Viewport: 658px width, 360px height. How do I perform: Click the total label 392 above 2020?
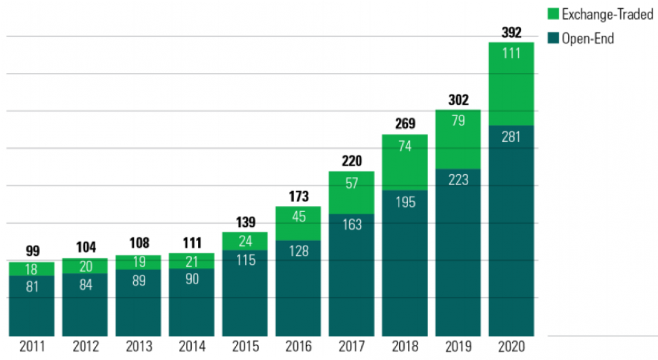click(x=512, y=33)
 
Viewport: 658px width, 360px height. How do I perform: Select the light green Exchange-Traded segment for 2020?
click(x=512, y=82)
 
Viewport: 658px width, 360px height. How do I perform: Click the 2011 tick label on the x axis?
click(x=32, y=347)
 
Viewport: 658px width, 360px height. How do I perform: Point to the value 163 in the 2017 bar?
click(x=351, y=224)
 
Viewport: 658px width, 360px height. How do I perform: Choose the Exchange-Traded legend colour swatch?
click(x=553, y=15)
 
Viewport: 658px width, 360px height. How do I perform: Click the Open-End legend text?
click(x=588, y=38)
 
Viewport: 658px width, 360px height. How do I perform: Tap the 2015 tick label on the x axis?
click(x=245, y=347)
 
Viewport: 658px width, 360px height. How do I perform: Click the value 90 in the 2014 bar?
click(x=191, y=279)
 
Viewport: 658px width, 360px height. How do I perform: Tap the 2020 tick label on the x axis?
click(x=512, y=347)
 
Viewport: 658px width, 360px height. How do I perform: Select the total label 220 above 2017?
click(x=351, y=162)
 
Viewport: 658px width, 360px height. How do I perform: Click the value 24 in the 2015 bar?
click(x=245, y=242)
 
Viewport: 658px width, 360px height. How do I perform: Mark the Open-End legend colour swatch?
click(x=553, y=38)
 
